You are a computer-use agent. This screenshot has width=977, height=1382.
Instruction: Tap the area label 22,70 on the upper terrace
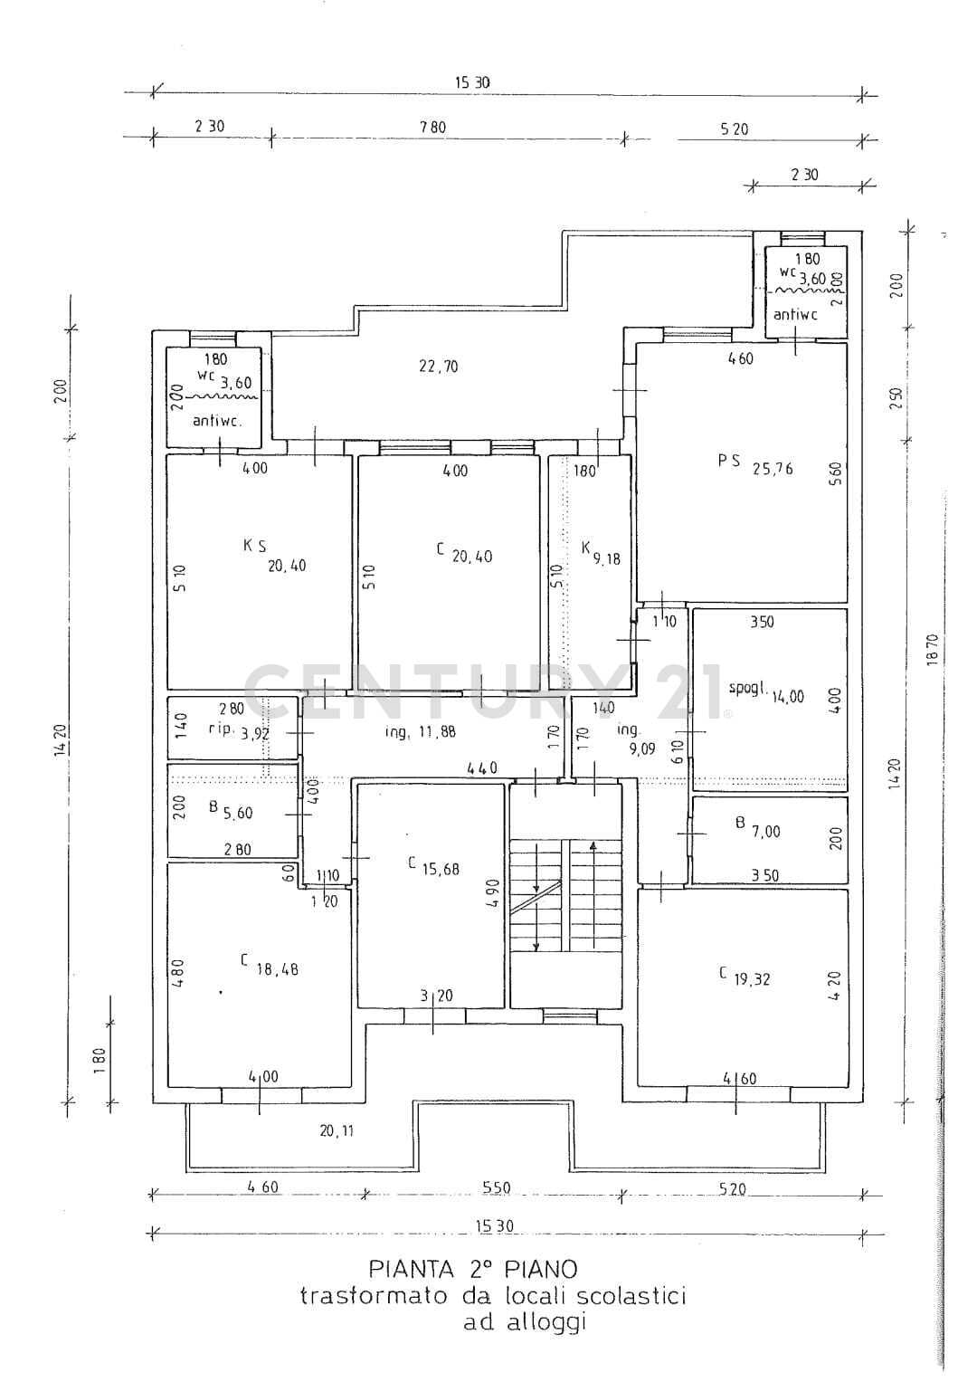pyautogui.click(x=439, y=367)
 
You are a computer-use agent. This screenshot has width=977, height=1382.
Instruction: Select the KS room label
pyautogui.click(x=254, y=545)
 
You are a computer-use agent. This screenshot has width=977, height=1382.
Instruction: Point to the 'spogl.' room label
pyautogui.click(x=748, y=688)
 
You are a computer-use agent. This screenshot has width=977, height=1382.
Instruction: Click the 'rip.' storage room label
pyautogui.click(x=222, y=729)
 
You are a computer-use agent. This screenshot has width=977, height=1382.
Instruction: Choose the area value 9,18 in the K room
pyautogui.click(x=606, y=558)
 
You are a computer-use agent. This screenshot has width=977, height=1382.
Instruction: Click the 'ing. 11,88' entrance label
pyautogui.click(x=420, y=732)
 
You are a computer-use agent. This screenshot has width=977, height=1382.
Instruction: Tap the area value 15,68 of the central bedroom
pyautogui.click(x=441, y=869)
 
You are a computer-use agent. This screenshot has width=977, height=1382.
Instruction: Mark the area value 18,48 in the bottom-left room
pyautogui.click(x=277, y=968)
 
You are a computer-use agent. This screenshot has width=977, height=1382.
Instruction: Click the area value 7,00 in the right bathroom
pyautogui.click(x=765, y=832)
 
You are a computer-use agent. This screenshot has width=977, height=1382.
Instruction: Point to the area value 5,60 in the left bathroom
pyautogui.click(x=238, y=813)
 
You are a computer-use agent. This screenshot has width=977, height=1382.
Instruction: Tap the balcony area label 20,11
pyautogui.click(x=337, y=1129)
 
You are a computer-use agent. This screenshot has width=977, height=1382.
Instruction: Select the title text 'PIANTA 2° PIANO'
pyautogui.click(x=472, y=1268)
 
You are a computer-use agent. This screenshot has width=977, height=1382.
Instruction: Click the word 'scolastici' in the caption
pyautogui.click(x=630, y=1295)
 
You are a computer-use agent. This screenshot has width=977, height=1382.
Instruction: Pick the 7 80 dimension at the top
pyautogui.click(x=432, y=128)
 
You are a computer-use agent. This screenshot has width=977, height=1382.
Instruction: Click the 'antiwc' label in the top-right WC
pyautogui.click(x=795, y=315)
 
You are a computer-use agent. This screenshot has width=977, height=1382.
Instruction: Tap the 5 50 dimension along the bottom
pyautogui.click(x=496, y=1187)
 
